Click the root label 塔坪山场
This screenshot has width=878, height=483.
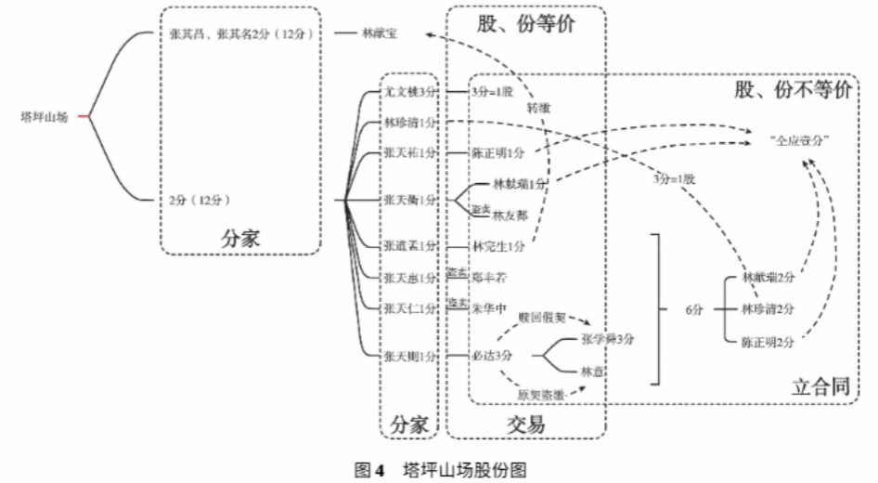pos(44,118)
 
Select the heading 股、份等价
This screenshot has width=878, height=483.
pos(525,23)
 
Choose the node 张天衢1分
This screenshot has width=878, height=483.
pos(410,200)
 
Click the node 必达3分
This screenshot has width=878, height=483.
pos(493,355)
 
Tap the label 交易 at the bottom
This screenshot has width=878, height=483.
pos(525,424)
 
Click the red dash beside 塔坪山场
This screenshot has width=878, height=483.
pos(84,118)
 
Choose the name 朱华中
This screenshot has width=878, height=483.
pos(492,307)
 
